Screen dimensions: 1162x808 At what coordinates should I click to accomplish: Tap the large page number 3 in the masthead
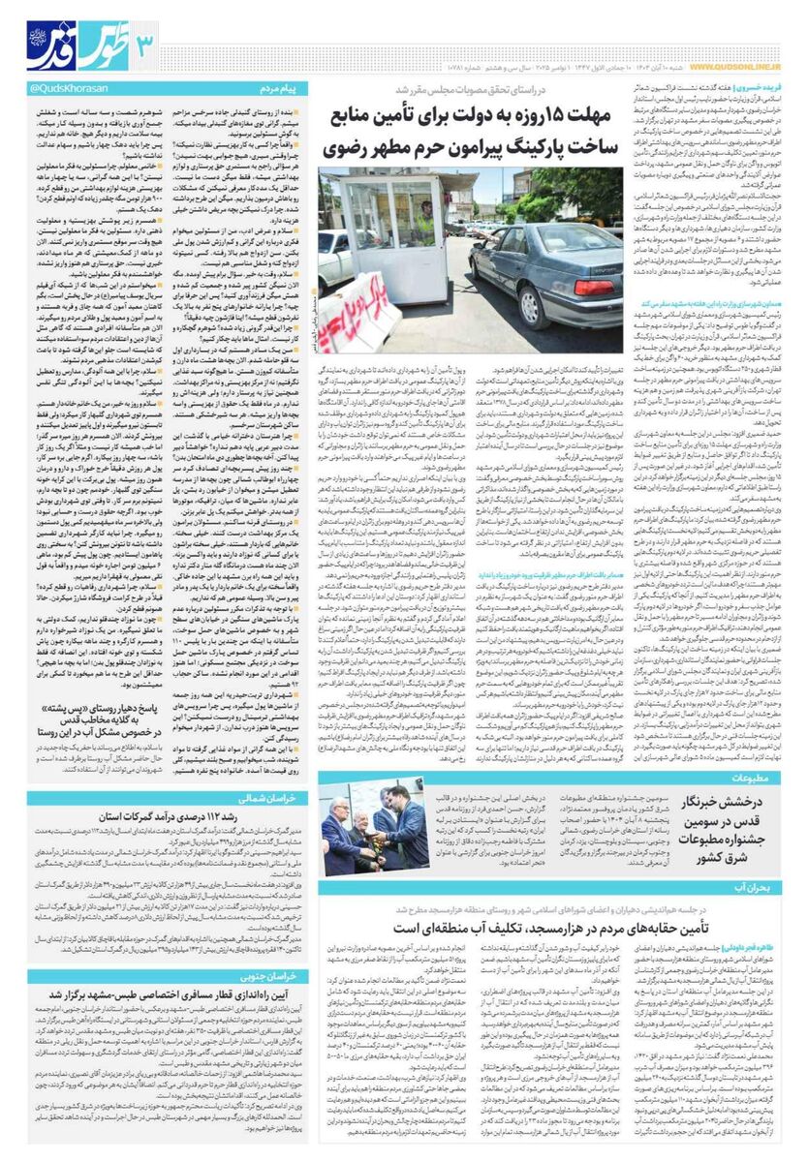pyautogui.click(x=144, y=43)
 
